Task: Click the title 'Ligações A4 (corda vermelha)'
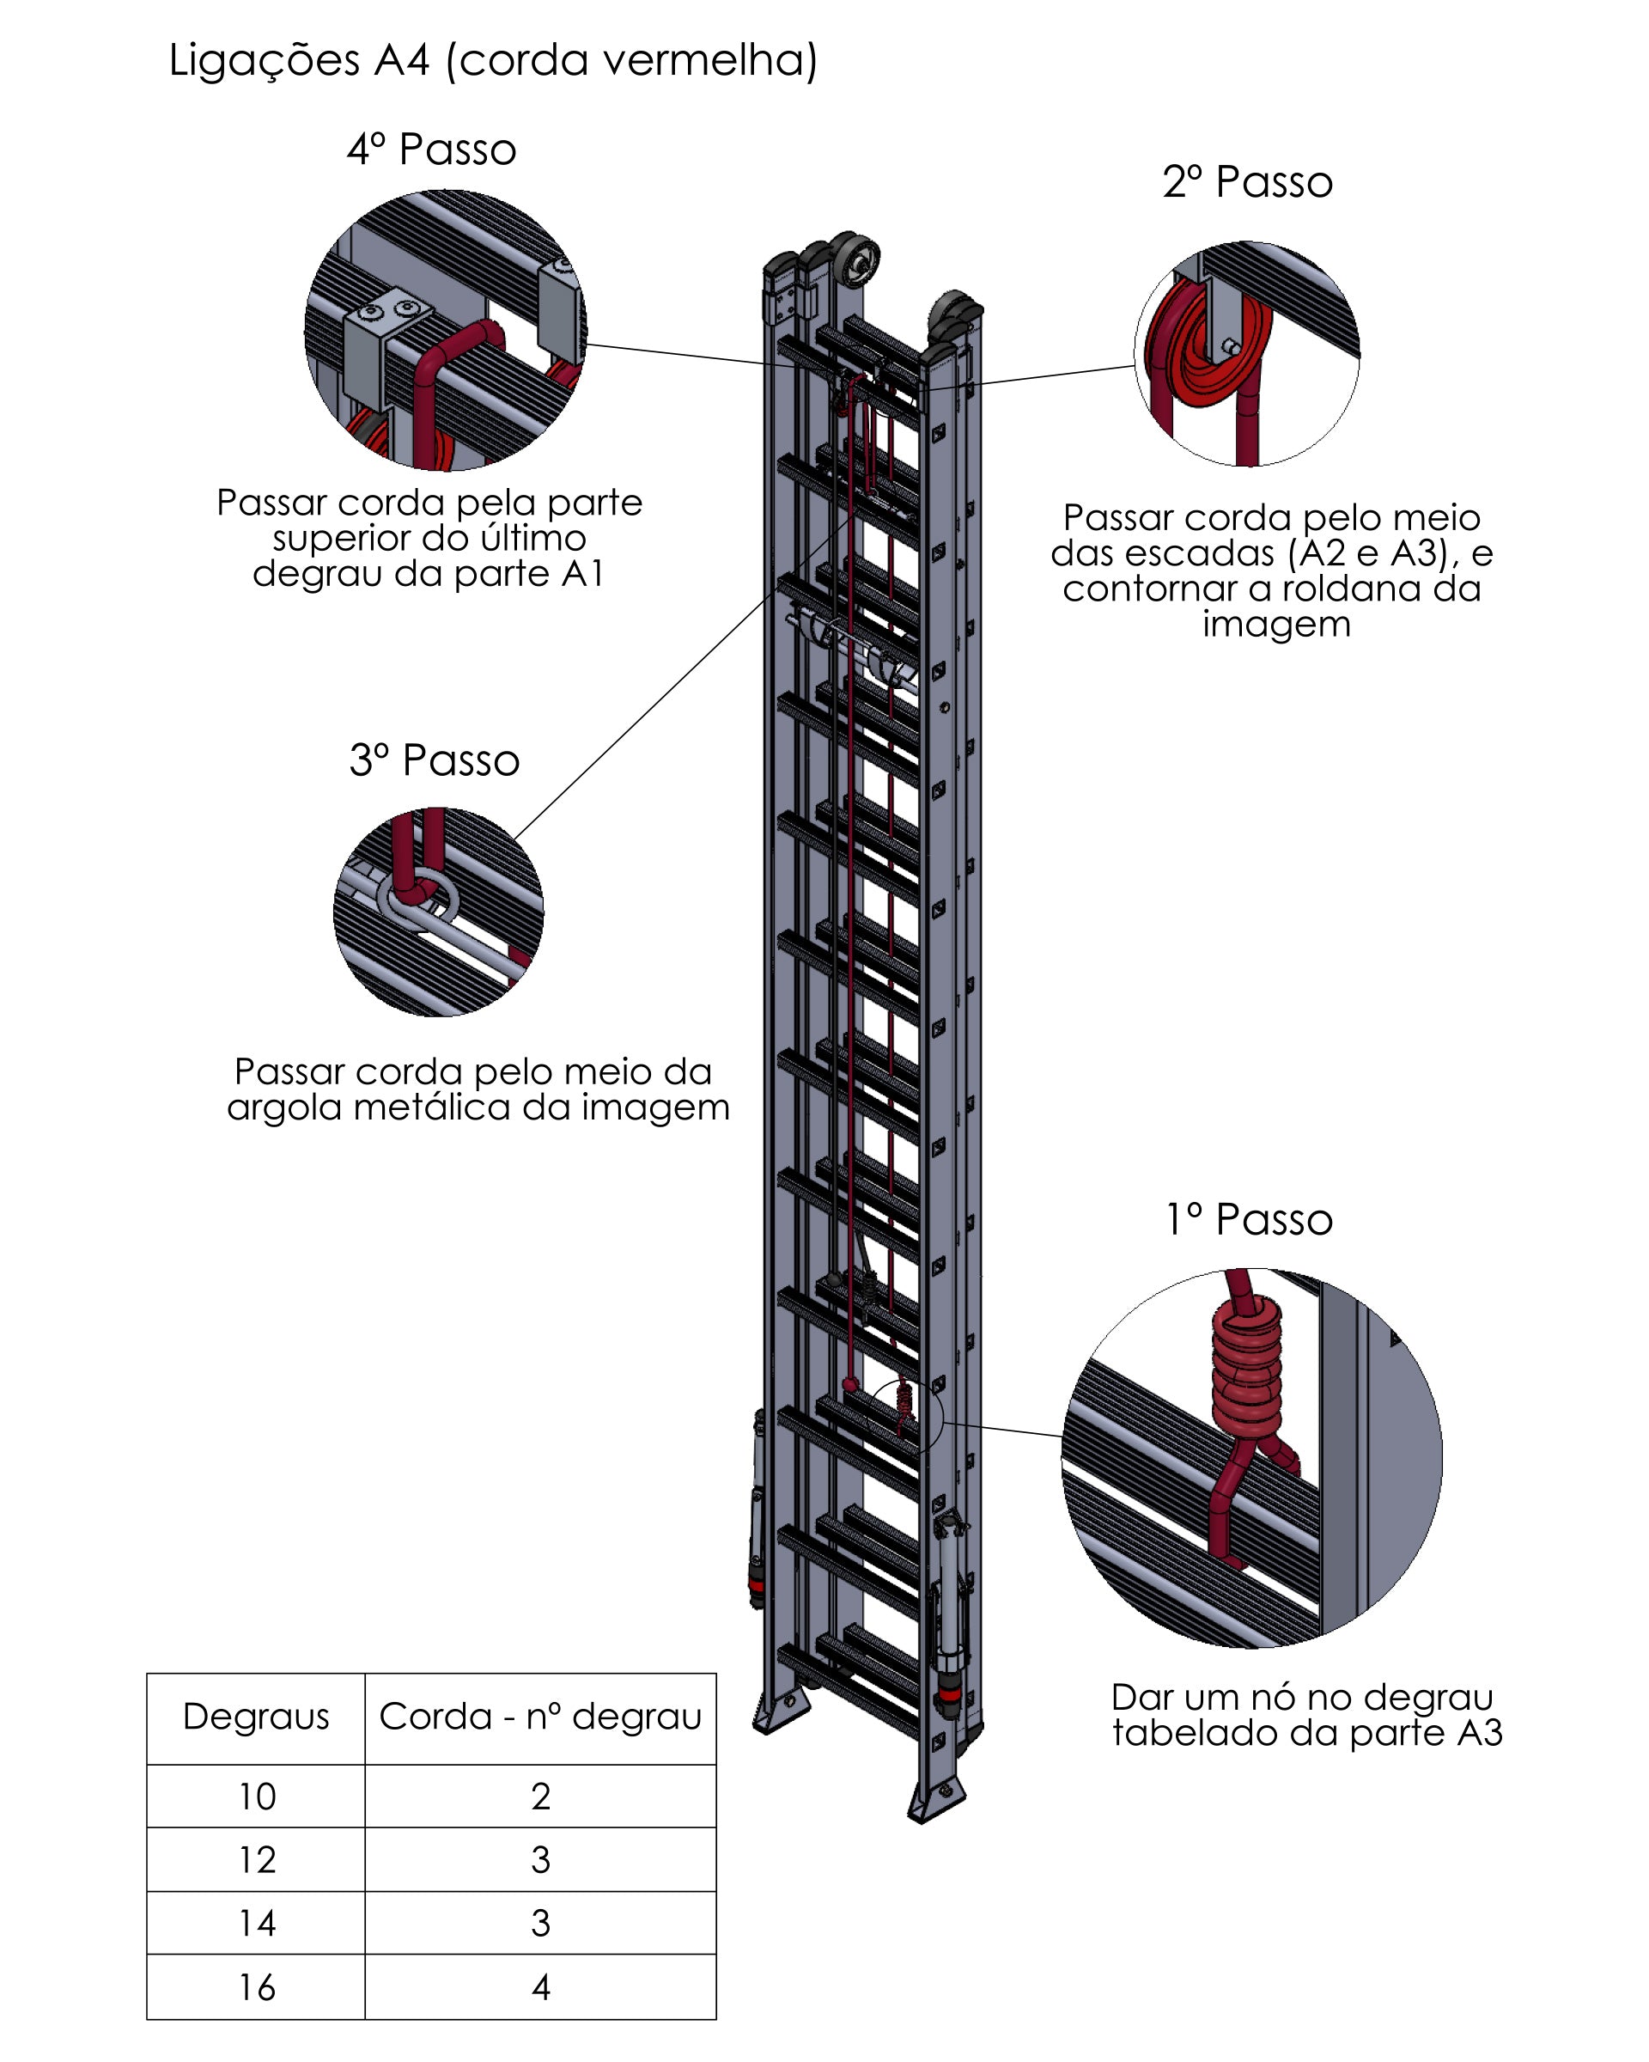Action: [492, 60]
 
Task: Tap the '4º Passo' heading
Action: [431, 149]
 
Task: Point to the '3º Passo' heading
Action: [434, 760]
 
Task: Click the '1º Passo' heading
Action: [1249, 1219]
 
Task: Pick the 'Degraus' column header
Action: [256, 1717]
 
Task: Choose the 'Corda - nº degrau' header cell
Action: [540, 1717]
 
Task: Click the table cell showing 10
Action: [256, 1797]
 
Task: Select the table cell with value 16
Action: [256, 1987]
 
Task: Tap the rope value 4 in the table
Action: [540, 1987]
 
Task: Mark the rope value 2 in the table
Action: [540, 1797]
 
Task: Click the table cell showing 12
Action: [256, 1860]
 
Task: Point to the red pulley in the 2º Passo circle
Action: [1209, 349]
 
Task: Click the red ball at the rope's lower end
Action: [849, 1384]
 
